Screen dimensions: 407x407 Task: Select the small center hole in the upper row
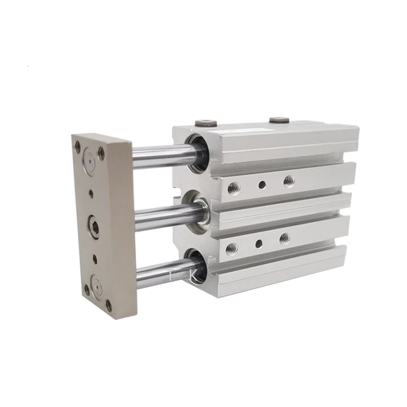tap(261, 185)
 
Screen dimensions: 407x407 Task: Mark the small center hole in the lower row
tap(258, 243)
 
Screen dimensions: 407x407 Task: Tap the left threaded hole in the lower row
tap(231, 248)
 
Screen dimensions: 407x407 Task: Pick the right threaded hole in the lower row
tap(285, 238)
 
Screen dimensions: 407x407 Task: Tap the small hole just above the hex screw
tap(91, 193)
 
